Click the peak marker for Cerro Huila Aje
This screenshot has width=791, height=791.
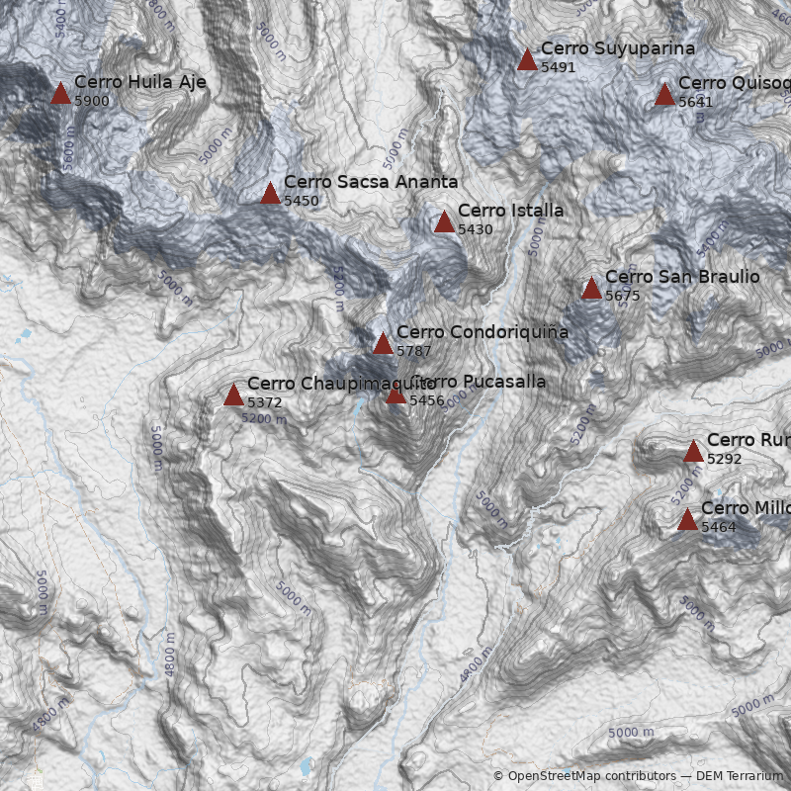(60, 94)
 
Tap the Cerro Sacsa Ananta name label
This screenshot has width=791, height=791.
(370, 182)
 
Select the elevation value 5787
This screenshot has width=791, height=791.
(414, 351)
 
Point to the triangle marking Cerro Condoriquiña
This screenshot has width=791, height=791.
(383, 344)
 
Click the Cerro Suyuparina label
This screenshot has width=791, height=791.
(617, 48)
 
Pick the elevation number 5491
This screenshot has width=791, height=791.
(559, 67)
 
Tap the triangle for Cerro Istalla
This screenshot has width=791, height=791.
(444, 222)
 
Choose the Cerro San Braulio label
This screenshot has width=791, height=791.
(681, 277)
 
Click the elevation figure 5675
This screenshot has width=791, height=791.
(623, 296)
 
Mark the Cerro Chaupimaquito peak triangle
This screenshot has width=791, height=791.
(233, 395)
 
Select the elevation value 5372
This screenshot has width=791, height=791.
(265, 402)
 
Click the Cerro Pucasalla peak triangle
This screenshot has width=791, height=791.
(395, 395)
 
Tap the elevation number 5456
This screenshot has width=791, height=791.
(427, 400)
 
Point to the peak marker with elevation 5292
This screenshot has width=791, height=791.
(693, 452)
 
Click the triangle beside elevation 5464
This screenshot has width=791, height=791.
(687, 520)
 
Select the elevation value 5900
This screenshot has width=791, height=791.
(92, 101)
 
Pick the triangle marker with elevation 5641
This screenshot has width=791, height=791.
(664, 95)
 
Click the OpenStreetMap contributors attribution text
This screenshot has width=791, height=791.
(584, 776)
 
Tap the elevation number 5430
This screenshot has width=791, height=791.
(476, 229)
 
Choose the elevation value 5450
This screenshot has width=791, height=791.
(302, 201)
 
